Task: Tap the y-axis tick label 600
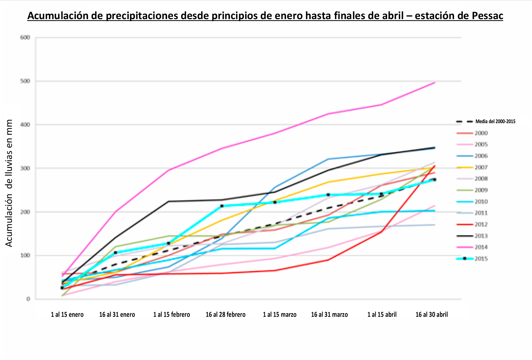(x=25, y=37)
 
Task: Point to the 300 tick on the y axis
(x=25, y=168)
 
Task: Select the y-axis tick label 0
(x=28, y=299)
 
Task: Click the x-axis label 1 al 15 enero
(x=67, y=315)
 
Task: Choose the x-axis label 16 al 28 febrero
(x=226, y=315)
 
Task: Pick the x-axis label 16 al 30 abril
(x=432, y=315)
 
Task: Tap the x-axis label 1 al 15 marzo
(x=280, y=315)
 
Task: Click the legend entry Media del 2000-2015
(x=495, y=121)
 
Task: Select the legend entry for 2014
(x=481, y=247)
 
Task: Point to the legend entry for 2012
(x=481, y=225)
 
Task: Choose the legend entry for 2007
(x=481, y=168)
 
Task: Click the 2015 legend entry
(x=481, y=259)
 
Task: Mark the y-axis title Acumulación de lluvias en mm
(x=9, y=183)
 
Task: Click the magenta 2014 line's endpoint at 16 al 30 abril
(x=434, y=83)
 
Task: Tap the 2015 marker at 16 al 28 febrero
(x=222, y=206)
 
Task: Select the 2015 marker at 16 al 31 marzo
(x=328, y=195)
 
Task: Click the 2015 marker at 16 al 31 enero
(x=115, y=253)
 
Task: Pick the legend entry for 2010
(x=481, y=202)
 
